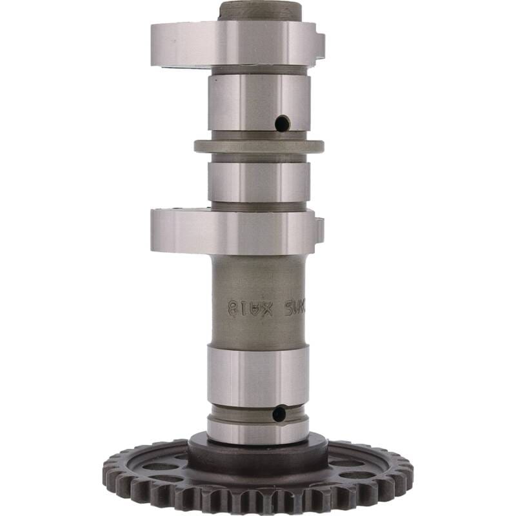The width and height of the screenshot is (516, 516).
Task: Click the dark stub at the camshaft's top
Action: click(x=260, y=11)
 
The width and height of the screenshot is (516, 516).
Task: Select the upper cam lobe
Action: click(x=232, y=43)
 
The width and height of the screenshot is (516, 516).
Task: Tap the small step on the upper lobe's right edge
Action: click(x=321, y=43)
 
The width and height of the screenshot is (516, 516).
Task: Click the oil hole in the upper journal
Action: click(x=282, y=123)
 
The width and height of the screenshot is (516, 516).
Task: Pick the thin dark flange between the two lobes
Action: click(x=259, y=146)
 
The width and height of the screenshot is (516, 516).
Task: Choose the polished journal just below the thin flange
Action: click(x=258, y=182)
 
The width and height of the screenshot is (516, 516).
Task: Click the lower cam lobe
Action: click(x=232, y=230)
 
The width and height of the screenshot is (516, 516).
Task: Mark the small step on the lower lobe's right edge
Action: click(x=319, y=228)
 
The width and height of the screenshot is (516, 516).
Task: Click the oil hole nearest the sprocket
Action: click(x=279, y=413)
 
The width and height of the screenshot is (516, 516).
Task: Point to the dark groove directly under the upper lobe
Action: click(x=259, y=70)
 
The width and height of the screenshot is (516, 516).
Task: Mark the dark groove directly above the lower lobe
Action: click(x=259, y=206)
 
